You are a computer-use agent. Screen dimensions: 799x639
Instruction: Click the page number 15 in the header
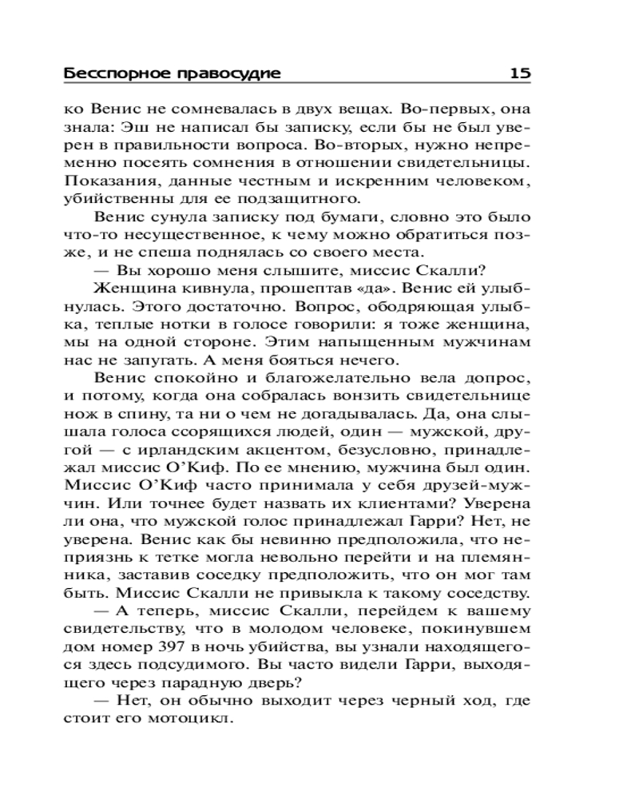point(519,74)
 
